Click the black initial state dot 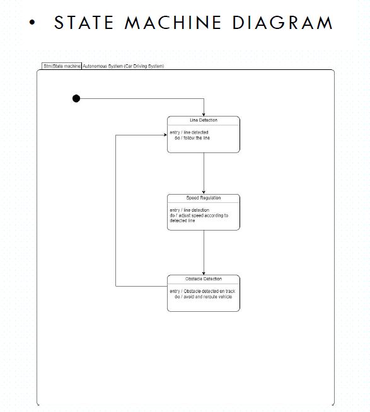coord(76,98)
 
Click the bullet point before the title coord(33,23)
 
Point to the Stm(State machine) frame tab coord(61,66)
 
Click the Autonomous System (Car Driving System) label coord(124,66)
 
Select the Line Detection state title coord(203,120)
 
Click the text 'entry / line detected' coord(189,132)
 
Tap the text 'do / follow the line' coord(192,137)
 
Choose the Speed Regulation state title coord(203,198)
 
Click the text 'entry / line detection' coord(189,210)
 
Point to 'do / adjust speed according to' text coord(199,215)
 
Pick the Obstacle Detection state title coord(203,278)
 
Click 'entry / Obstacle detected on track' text coord(202,291)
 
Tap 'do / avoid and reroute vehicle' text coord(203,297)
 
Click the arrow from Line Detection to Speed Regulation coord(204,173)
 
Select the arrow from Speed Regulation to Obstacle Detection coord(204,252)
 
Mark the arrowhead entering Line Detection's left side coord(165,134)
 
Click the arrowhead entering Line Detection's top coord(204,114)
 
